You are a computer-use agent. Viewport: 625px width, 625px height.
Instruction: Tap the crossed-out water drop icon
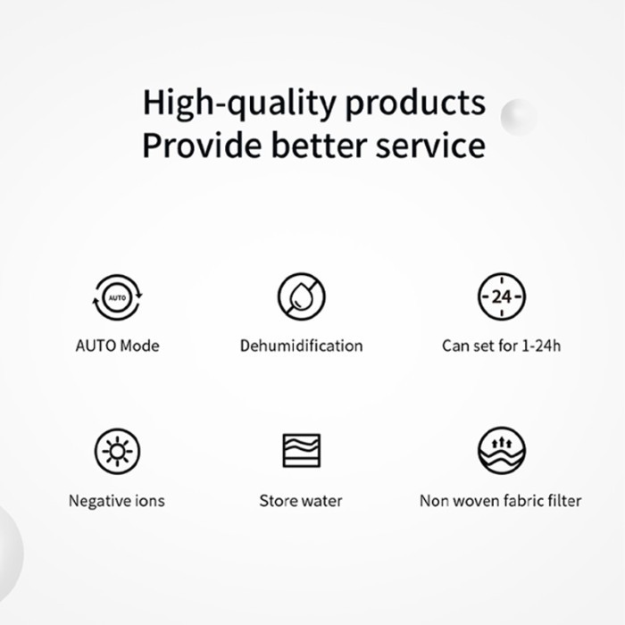click(x=302, y=296)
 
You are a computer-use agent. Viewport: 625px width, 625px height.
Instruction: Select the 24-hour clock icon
click(x=502, y=296)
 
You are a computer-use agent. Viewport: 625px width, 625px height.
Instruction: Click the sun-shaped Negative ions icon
click(x=117, y=451)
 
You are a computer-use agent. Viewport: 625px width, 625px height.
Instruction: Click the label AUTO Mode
click(x=118, y=346)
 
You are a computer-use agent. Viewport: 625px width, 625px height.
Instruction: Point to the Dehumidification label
click(x=302, y=346)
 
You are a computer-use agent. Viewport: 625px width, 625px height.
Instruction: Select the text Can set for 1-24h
click(x=502, y=346)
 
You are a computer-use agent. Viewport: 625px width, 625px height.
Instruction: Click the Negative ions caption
click(x=117, y=501)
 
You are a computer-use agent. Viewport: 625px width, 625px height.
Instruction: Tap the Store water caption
click(x=301, y=501)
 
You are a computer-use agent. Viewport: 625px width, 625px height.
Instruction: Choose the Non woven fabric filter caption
click(x=501, y=501)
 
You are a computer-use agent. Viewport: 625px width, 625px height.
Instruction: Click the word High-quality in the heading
click(x=239, y=104)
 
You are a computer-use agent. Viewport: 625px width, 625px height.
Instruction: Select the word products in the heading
click(x=415, y=104)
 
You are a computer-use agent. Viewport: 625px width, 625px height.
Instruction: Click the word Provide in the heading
click(x=202, y=145)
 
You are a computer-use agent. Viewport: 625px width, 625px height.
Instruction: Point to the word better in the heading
click(x=319, y=145)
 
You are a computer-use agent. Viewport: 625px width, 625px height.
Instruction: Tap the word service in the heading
click(x=430, y=146)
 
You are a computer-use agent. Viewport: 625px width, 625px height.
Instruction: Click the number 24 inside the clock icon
click(x=502, y=297)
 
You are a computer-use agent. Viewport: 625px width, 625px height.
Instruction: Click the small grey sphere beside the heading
click(x=518, y=116)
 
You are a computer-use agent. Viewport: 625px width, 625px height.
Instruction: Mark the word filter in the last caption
click(x=565, y=501)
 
